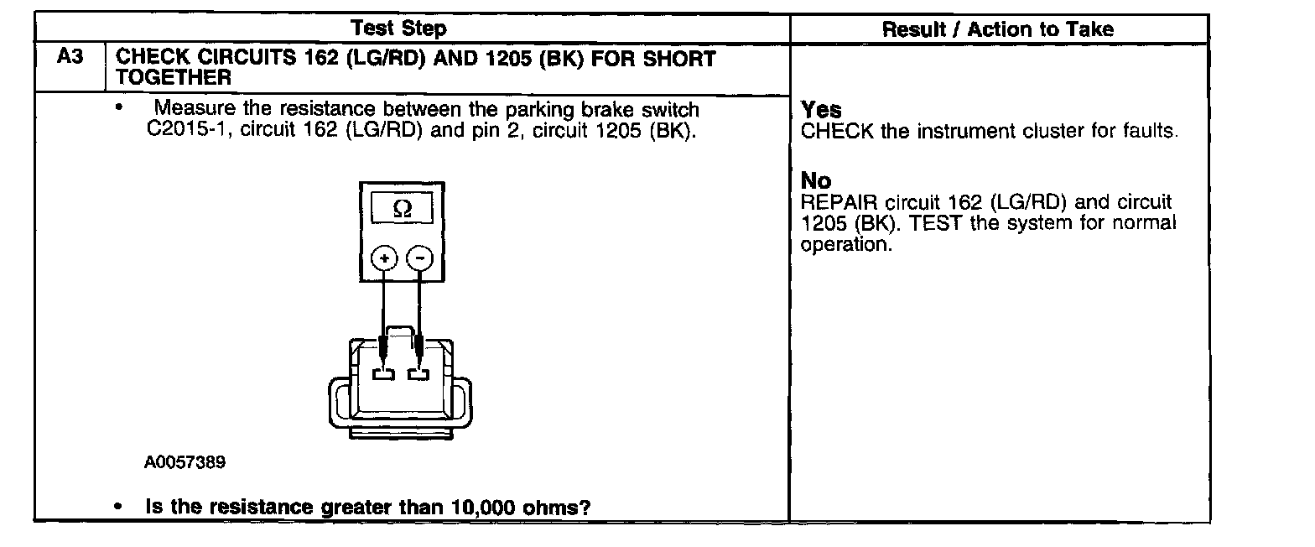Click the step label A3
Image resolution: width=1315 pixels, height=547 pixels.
tap(69, 59)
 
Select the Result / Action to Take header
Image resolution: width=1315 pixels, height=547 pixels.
tap(998, 29)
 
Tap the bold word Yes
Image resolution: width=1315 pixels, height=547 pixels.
tap(821, 110)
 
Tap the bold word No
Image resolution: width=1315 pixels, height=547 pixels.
tap(816, 180)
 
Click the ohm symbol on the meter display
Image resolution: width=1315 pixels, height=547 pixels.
tap(403, 210)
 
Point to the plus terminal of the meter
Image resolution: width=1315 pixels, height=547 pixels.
tap(384, 258)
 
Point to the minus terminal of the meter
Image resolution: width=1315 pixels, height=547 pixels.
tap(421, 258)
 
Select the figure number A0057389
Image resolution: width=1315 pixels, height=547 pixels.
tap(185, 462)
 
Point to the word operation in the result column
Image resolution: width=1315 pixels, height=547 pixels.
tap(844, 245)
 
